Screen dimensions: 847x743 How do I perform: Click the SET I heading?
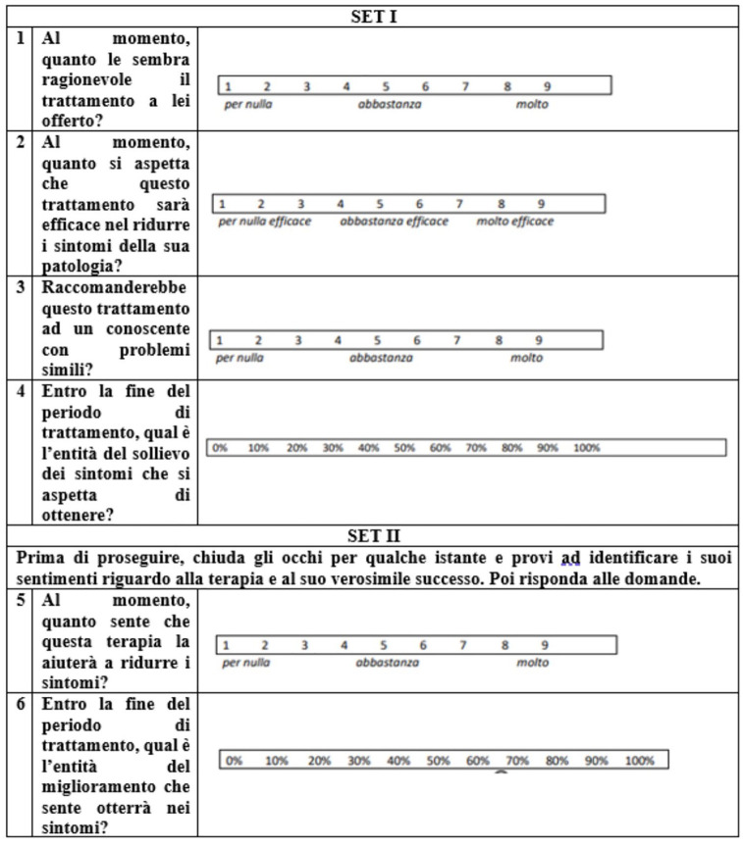point(371,16)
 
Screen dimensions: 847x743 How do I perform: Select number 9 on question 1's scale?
point(547,86)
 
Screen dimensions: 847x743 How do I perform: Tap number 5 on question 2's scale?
point(379,204)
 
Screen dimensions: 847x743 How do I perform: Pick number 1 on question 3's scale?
point(220,340)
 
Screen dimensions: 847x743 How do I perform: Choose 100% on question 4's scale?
point(586,448)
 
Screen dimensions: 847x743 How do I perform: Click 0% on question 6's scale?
point(235,760)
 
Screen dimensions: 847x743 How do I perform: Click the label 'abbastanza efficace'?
point(394,222)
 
